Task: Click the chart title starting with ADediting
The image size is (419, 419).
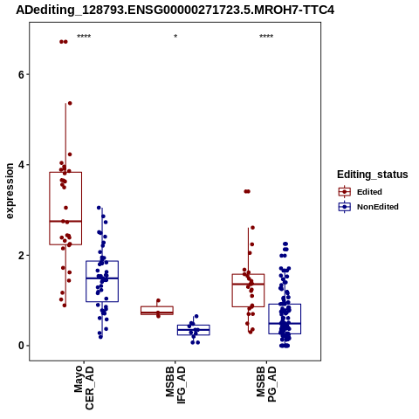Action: click(175, 10)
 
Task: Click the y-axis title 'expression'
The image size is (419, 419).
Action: click(10, 191)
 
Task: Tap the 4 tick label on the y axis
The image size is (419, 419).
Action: click(21, 165)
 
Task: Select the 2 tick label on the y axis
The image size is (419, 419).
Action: click(21, 255)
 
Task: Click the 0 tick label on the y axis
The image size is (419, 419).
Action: click(21, 346)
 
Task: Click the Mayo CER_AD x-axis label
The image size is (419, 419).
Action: click(84, 388)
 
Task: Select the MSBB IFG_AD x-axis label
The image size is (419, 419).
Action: click(175, 385)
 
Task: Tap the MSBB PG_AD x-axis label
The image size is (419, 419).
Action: click(266, 384)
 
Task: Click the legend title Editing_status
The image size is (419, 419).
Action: click(373, 175)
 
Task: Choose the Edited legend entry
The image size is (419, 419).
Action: click(361, 192)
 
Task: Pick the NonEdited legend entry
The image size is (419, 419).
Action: click(368, 207)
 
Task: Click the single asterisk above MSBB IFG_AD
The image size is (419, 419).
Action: click(175, 37)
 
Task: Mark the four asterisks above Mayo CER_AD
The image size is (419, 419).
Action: click(84, 37)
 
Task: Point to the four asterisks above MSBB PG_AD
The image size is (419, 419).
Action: click(266, 37)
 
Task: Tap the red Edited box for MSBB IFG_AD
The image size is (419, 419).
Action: click(157, 306)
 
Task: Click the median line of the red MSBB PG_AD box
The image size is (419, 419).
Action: click(248, 284)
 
